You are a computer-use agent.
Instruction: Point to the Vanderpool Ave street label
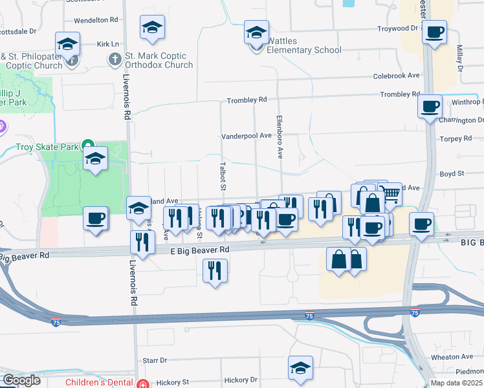(x=246, y=136)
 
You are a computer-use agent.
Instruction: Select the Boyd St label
(x=452, y=173)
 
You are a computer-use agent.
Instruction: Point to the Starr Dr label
(x=155, y=360)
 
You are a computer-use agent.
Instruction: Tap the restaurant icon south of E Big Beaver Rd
(x=215, y=270)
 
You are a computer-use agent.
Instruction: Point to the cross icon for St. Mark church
(x=115, y=60)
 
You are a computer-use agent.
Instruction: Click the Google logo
(x=21, y=380)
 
